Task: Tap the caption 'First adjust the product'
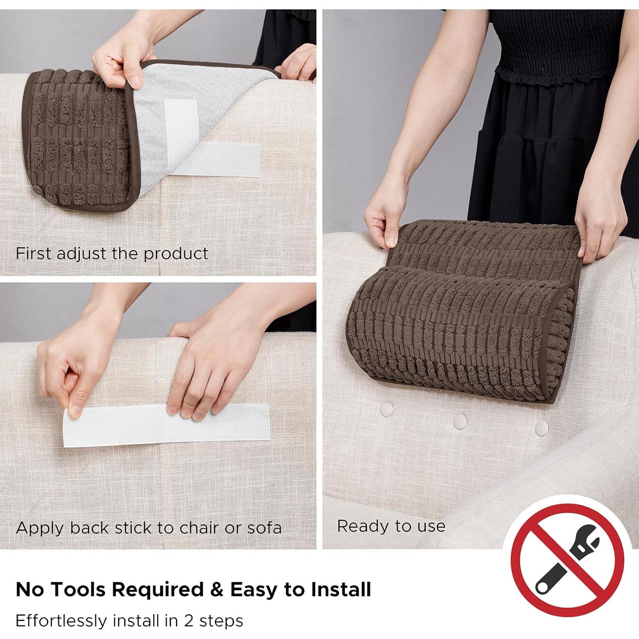click(x=112, y=253)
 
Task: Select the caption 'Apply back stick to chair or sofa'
click(x=149, y=528)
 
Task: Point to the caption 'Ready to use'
click(x=391, y=526)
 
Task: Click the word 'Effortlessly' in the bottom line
click(x=60, y=621)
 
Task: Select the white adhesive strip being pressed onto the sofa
click(x=167, y=425)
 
